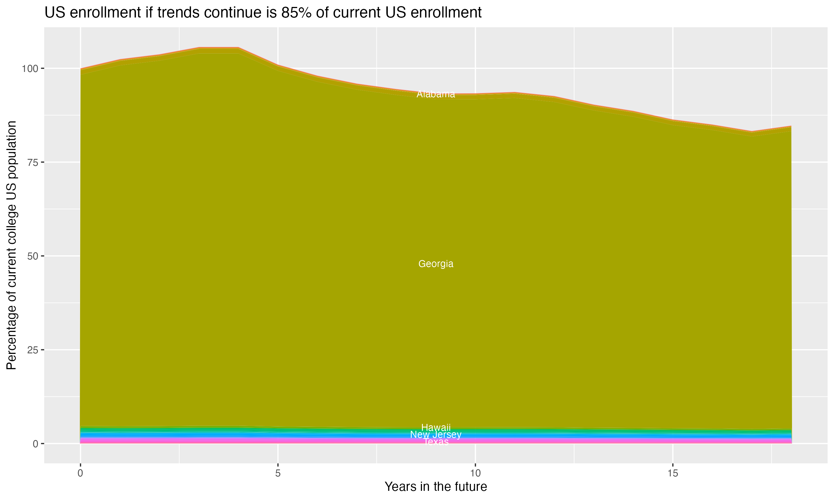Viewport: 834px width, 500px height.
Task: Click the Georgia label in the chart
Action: click(x=436, y=264)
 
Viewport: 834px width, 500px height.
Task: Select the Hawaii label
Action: click(x=436, y=427)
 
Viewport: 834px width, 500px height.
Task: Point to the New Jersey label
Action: click(x=436, y=435)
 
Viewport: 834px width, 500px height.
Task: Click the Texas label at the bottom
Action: click(x=436, y=442)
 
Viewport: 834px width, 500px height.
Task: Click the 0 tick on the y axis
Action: click(x=35, y=444)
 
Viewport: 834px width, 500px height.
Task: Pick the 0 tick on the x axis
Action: click(x=80, y=473)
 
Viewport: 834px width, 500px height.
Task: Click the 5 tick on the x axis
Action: click(x=278, y=473)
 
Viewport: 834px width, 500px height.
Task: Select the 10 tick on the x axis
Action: click(x=475, y=473)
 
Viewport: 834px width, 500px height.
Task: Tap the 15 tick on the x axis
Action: click(x=672, y=473)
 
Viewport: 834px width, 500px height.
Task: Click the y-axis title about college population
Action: click(x=11, y=245)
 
